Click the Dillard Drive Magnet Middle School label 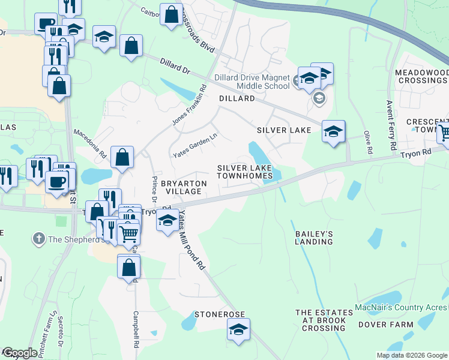click(x=252, y=82)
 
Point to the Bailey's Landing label click(x=313, y=237)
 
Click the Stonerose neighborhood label click(x=219, y=314)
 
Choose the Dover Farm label click(x=385, y=325)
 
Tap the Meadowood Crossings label click(x=421, y=76)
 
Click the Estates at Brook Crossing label click(x=324, y=320)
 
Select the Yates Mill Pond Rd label click(x=193, y=242)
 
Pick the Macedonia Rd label click(x=90, y=143)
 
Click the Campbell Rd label click(x=136, y=330)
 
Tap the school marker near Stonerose click(x=239, y=329)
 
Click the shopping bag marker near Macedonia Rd click(x=122, y=157)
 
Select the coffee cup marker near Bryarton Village click(x=58, y=181)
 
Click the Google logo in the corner click(x=20, y=353)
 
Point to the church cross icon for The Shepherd click(x=39, y=239)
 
